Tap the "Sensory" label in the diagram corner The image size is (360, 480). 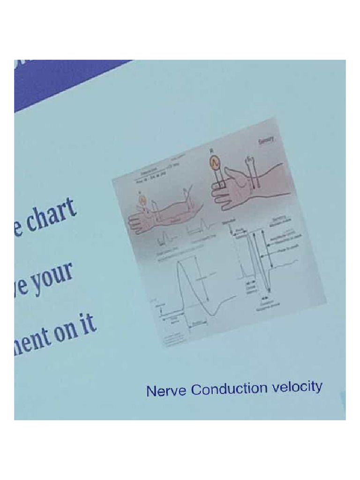[x=267, y=139]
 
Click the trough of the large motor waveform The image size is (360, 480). [x=213, y=315]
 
